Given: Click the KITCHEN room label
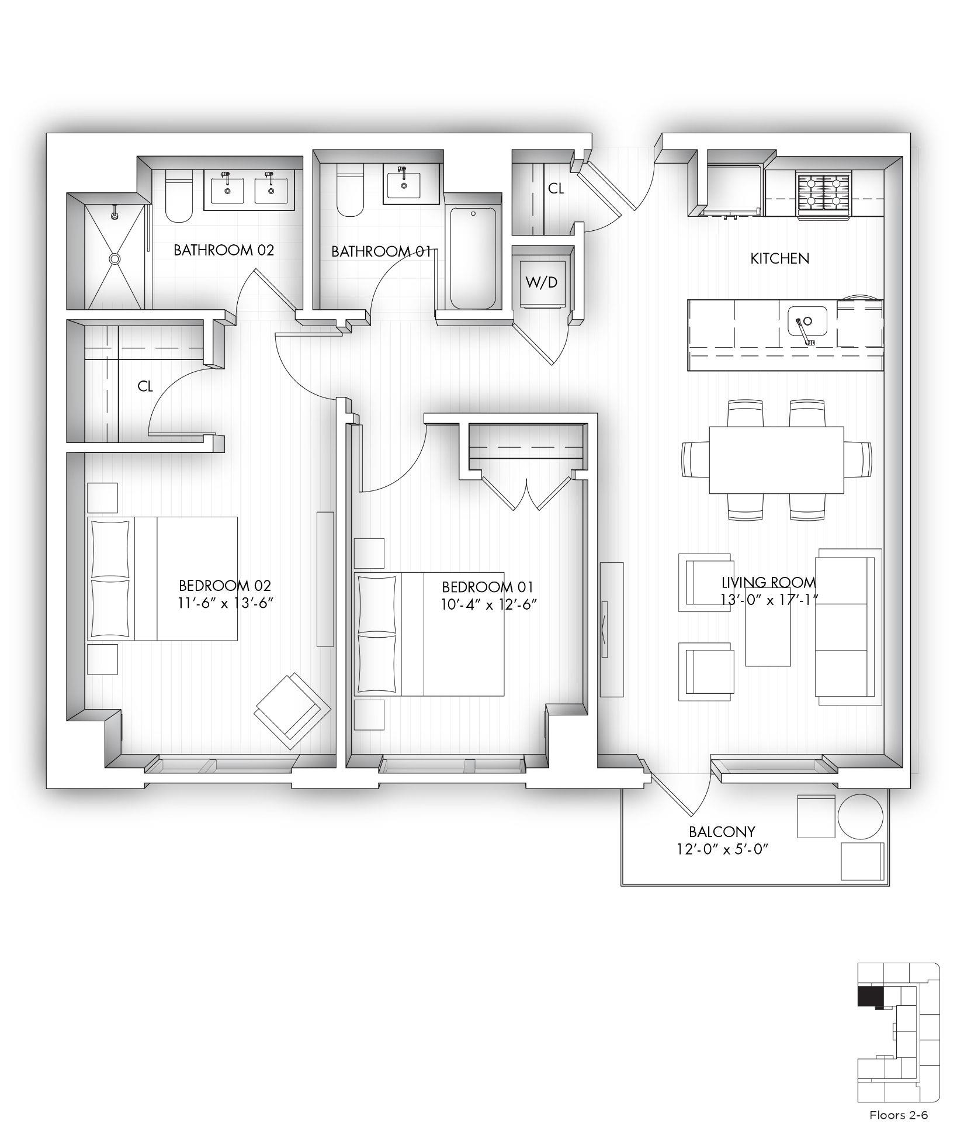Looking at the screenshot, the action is point(779,258).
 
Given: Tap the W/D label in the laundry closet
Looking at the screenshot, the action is point(542,282).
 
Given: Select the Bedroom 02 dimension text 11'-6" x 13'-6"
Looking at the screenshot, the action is point(226,603).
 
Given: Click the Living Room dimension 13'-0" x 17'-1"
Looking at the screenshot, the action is point(769,600).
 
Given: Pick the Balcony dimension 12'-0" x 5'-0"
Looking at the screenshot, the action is point(722,849).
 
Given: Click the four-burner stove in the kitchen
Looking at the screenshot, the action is point(824,192).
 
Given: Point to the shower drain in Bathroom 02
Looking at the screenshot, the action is point(115,258).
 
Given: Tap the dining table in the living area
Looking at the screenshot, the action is point(776,460).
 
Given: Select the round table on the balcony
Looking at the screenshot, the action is point(861,816).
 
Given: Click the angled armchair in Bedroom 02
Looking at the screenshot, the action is point(293,711).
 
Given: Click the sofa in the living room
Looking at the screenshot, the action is point(848,627).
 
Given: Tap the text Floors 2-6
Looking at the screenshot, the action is point(899,1115).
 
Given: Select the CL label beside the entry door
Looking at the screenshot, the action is point(556,189).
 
